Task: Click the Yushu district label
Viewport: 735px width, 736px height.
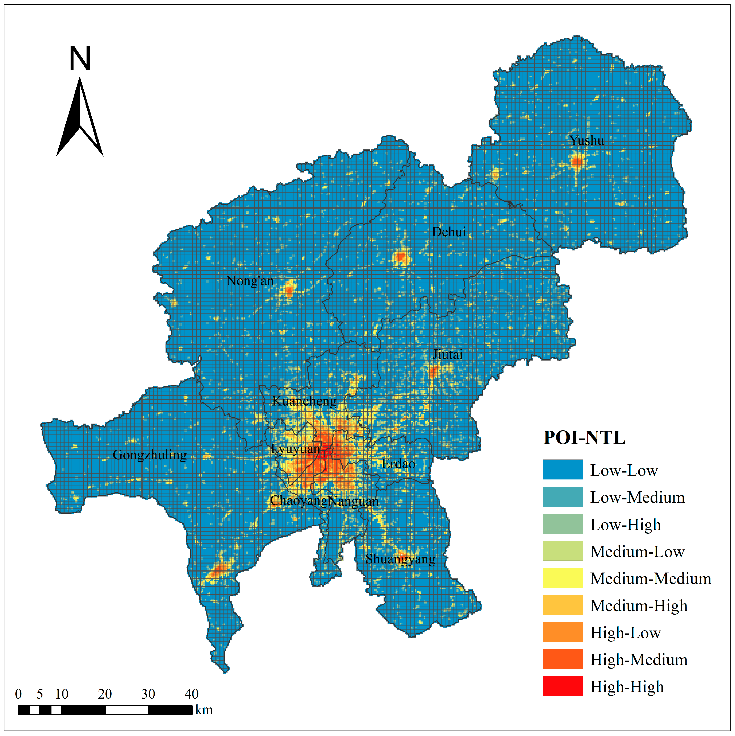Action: (x=586, y=141)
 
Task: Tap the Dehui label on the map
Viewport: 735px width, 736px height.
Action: (x=449, y=232)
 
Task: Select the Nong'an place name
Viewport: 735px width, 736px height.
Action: (x=250, y=281)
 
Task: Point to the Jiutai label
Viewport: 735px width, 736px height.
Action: (x=447, y=355)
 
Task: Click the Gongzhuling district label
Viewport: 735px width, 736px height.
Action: (x=150, y=455)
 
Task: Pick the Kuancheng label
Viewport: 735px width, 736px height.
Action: (x=304, y=401)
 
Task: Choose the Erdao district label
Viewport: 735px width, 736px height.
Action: (x=398, y=464)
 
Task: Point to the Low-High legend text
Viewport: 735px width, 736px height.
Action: (x=625, y=525)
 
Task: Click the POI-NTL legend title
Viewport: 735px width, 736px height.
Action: (x=584, y=437)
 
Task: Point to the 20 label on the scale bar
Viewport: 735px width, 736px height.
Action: (x=105, y=694)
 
